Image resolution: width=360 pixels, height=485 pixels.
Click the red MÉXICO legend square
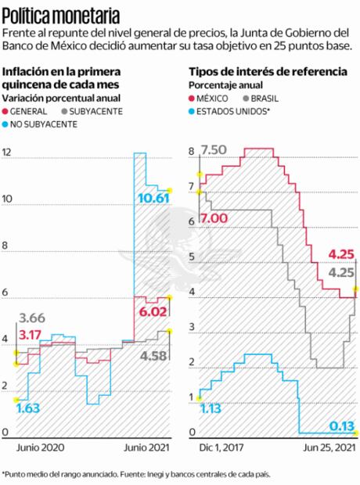[193, 99]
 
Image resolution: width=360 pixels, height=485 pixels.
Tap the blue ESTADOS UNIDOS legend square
[193, 111]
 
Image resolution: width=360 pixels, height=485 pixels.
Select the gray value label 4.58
[154, 357]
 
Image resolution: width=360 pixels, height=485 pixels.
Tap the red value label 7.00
[214, 218]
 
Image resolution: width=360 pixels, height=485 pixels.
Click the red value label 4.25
[341, 254]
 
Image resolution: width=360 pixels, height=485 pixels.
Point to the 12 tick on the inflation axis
[7, 153]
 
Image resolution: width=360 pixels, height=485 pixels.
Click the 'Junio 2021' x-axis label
[147, 447]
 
